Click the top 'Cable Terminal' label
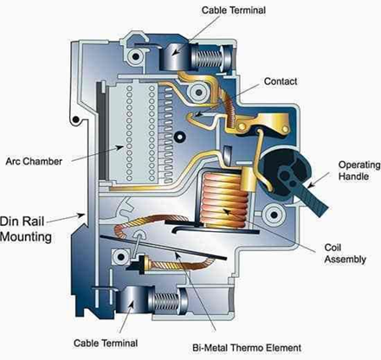234,10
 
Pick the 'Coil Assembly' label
340,251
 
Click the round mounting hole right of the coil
278,213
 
